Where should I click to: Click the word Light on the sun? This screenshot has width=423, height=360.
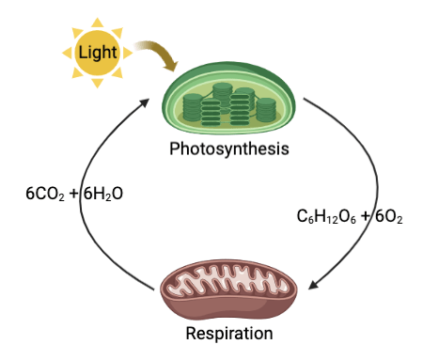[98, 53]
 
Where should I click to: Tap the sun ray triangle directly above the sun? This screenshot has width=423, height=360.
[97, 23]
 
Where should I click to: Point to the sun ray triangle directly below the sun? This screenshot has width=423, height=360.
[97, 83]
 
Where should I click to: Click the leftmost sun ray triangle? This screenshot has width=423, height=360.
[67, 53]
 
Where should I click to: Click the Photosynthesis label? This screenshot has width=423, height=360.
[229, 149]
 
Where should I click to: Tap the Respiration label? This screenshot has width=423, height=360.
[229, 333]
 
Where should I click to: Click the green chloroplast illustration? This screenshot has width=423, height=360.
[228, 99]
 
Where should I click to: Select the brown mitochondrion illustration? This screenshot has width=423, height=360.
[228, 290]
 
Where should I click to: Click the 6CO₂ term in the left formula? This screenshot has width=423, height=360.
[45, 194]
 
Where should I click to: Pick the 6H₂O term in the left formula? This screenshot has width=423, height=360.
[103, 194]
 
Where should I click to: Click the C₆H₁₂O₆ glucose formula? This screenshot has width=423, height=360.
[326, 216]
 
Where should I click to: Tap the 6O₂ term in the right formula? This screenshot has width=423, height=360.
[389, 216]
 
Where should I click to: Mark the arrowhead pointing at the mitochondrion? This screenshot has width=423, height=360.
[314, 285]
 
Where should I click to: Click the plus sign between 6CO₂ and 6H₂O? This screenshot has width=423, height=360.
[74, 194]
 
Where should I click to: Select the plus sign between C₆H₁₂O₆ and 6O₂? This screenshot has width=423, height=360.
[366, 216]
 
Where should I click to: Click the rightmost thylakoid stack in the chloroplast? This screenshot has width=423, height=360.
[266, 110]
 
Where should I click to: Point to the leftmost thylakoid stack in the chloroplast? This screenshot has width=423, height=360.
[192, 107]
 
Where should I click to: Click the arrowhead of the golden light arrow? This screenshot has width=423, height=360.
[171, 66]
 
